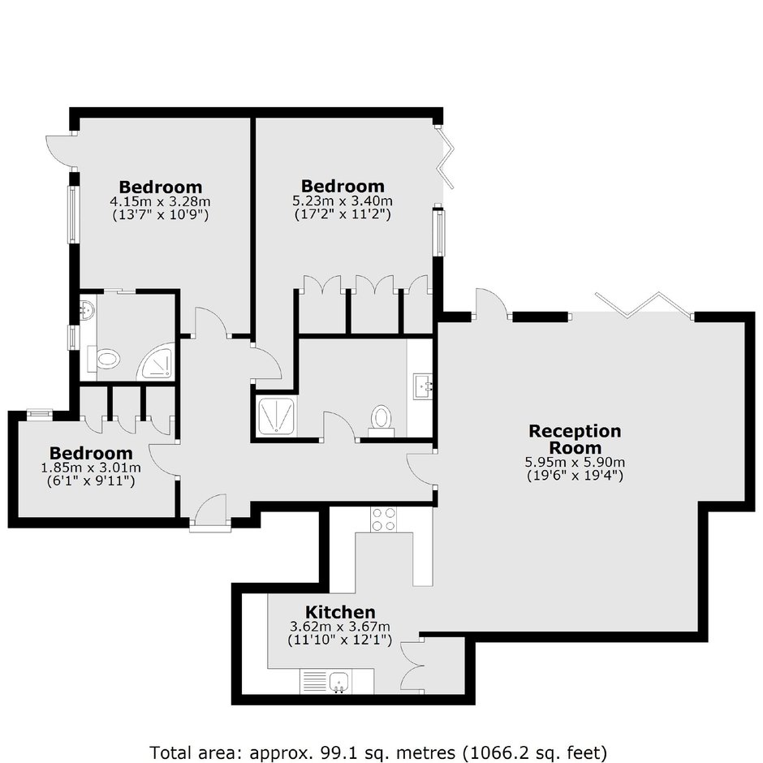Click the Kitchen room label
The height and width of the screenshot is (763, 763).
pyautogui.click(x=340, y=612)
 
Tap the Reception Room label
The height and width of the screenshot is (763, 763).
pyautogui.click(x=575, y=439)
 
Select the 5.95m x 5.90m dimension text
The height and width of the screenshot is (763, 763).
pyautogui.click(x=575, y=462)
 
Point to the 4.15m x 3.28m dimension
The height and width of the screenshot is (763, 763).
pyautogui.click(x=160, y=201)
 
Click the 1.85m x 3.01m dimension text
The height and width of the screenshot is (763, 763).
pyautogui.click(x=91, y=468)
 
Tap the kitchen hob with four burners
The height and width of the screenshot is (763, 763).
pyautogui.click(x=383, y=519)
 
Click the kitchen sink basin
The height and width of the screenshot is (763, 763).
pyautogui.click(x=338, y=681)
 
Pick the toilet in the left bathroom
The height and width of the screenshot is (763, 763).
pyautogui.click(x=104, y=359)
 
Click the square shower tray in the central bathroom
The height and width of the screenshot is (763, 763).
pyautogui.click(x=276, y=416)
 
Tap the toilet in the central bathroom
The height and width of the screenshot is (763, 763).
pyautogui.click(x=381, y=421)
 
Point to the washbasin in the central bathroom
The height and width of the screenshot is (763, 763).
pyautogui.click(x=423, y=386)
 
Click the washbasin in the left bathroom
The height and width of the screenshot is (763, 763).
pyautogui.click(x=88, y=309)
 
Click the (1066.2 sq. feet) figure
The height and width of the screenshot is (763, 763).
pyautogui.click(x=535, y=752)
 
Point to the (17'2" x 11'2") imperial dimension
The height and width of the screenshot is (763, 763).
pyautogui.click(x=343, y=213)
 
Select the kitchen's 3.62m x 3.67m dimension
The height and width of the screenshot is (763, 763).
pyautogui.click(x=340, y=627)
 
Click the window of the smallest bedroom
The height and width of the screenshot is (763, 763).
pyautogui.click(x=40, y=414)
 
